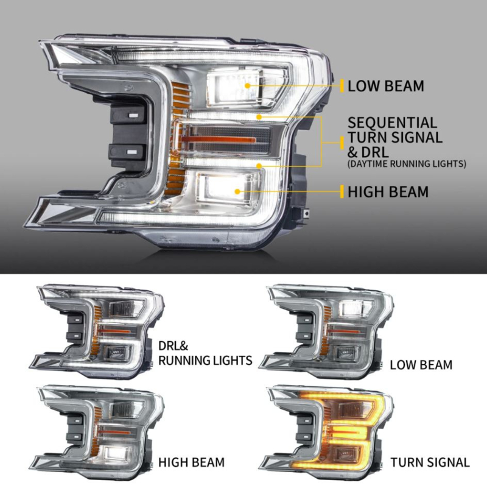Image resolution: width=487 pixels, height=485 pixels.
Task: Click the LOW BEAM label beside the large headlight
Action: pyautogui.click(x=385, y=86)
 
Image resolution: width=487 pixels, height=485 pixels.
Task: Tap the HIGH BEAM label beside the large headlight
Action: pyautogui.click(x=388, y=192)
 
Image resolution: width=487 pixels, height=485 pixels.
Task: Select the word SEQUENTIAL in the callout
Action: pyautogui.click(x=392, y=123)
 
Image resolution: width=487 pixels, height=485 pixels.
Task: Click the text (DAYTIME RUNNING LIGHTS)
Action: pyautogui.click(x=407, y=164)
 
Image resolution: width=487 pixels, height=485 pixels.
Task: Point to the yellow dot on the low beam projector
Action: pyautogui.click(x=247, y=85)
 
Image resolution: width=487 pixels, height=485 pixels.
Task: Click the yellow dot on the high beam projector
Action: pyautogui.click(x=237, y=191)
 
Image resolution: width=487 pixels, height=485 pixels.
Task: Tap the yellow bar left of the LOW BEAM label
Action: pyautogui.click(x=342, y=86)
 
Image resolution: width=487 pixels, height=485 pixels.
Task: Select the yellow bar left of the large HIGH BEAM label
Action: pyautogui.click(x=342, y=191)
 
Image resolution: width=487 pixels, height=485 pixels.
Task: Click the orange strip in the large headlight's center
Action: pyautogui.click(x=219, y=140)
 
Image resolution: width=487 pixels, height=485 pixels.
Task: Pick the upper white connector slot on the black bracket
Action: pyautogui.click(x=133, y=115)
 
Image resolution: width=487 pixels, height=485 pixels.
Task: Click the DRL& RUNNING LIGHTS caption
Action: pyautogui.click(x=205, y=353)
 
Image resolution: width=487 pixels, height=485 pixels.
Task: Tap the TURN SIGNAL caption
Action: pyautogui.click(x=430, y=462)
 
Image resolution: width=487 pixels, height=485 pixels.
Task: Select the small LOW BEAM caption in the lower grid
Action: pyautogui.click(x=421, y=365)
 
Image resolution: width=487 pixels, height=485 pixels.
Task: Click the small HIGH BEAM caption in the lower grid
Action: pyautogui.click(x=191, y=462)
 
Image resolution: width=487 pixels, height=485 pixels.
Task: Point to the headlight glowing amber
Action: pyautogui.click(x=326, y=433)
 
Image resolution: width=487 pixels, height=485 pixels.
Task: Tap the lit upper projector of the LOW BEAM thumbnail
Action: pyautogui.click(x=352, y=308)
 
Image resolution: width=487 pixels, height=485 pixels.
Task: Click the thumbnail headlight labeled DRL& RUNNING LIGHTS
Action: pyautogui.click(x=97, y=331)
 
